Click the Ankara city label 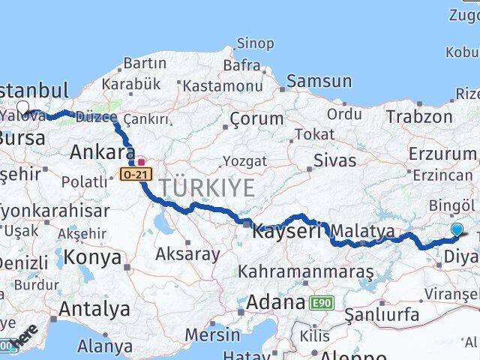click(103, 152)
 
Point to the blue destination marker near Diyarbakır click(457, 231)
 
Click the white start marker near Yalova click(23, 108)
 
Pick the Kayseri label click(286, 231)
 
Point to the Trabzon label click(419, 116)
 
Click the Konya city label click(92, 257)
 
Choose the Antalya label click(94, 308)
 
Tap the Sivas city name click(334, 159)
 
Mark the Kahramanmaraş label click(305, 271)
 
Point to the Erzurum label click(442, 153)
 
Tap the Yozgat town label click(244, 161)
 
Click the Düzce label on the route click(96, 117)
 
